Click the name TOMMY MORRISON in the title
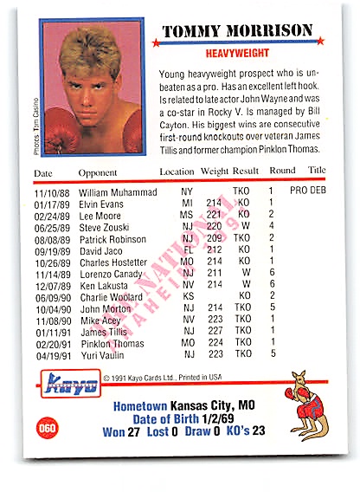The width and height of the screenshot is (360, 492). click(x=237, y=31)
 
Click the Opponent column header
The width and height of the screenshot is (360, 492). click(x=97, y=172)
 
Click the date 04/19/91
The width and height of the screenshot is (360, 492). click(x=51, y=353)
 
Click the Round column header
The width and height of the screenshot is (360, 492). click(x=282, y=172)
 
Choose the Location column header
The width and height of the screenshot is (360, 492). click(x=177, y=172)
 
